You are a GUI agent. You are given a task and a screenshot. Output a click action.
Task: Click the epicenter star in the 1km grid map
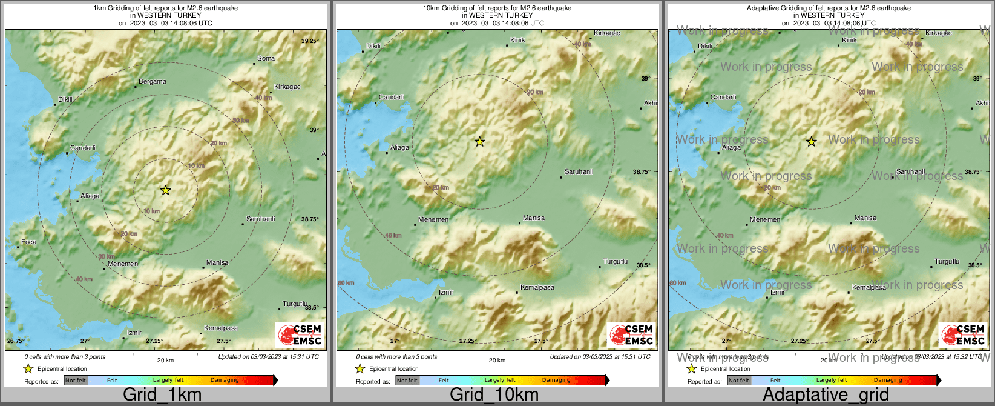pos(165,190)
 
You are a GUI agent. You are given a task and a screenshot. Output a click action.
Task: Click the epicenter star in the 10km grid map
pos(479,142)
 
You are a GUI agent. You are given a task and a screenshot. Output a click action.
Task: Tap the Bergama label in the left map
pos(153,81)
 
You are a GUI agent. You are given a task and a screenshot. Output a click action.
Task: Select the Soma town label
pos(266,59)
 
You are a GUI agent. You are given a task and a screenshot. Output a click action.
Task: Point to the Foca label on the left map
pos(28,242)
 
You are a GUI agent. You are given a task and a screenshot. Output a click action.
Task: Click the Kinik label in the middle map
pos(517,40)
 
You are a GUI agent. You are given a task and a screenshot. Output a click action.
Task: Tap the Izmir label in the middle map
pos(446,292)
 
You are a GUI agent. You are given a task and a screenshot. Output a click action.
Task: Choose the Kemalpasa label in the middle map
pos(537,287)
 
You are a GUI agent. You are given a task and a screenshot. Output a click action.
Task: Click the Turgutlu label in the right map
pos(947,261)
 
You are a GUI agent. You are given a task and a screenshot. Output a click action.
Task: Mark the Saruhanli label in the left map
pos(260,219)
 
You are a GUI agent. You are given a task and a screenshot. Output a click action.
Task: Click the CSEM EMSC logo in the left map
pos(300,335)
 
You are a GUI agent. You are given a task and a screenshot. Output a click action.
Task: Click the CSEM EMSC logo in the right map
pos(963,335)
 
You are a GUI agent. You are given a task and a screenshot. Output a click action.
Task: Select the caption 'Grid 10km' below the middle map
pos(494,395)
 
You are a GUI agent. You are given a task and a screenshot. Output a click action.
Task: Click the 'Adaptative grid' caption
pos(826,395)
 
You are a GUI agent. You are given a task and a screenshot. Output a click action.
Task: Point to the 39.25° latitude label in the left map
pos(310,41)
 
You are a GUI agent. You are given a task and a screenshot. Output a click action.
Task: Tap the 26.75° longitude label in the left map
pos(16,341)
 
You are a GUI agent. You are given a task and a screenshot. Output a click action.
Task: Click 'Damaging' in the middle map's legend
pos(556,380)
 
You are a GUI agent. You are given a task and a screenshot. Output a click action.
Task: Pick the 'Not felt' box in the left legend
pos(76,380)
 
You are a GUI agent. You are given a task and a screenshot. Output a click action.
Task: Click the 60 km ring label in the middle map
pos(346,283)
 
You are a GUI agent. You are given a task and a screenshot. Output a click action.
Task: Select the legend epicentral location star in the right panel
pos(691,368)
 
